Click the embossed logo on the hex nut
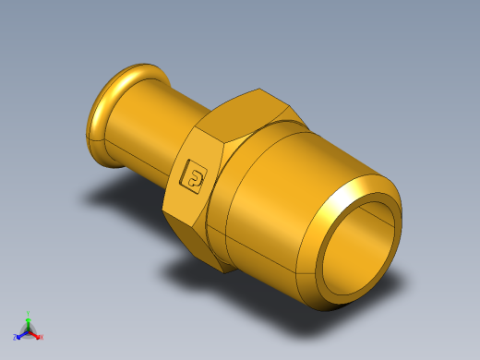tap(196, 175)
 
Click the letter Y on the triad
tap(29, 312)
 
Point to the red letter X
tap(41, 337)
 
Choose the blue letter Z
tap(16, 337)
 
